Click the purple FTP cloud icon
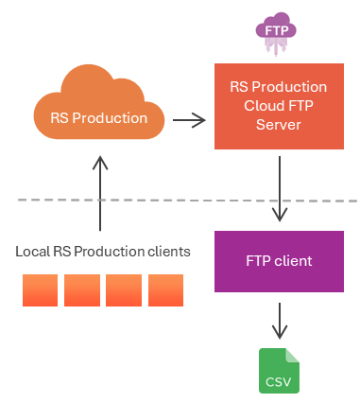click(x=276, y=33)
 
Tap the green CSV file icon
click(x=279, y=371)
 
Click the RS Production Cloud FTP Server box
click(x=279, y=106)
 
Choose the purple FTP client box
click(x=279, y=261)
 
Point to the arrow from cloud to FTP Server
click(x=189, y=120)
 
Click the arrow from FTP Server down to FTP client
click(x=280, y=188)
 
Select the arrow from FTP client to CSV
click(x=280, y=321)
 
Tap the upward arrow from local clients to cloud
click(x=100, y=193)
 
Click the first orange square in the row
click(x=40, y=290)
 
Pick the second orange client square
click(x=82, y=290)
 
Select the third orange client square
click(x=124, y=290)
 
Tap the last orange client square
click(x=165, y=290)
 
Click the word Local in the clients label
click(x=33, y=252)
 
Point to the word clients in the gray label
click(x=169, y=252)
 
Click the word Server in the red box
click(x=279, y=125)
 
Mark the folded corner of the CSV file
click(x=293, y=355)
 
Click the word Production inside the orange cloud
click(x=110, y=118)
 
